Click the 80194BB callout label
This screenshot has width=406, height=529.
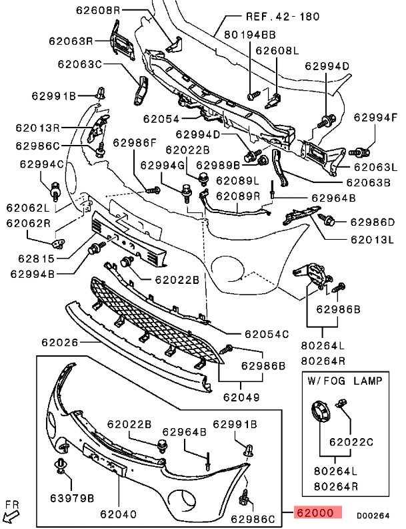click(x=249, y=33)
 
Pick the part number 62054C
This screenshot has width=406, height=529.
click(x=266, y=333)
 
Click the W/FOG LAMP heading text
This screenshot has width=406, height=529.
click(x=345, y=381)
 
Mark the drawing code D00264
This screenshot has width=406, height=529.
click(x=372, y=516)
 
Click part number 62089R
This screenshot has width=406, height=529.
click(x=237, y=196)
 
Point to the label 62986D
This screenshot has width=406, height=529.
click(x=372, y=222)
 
